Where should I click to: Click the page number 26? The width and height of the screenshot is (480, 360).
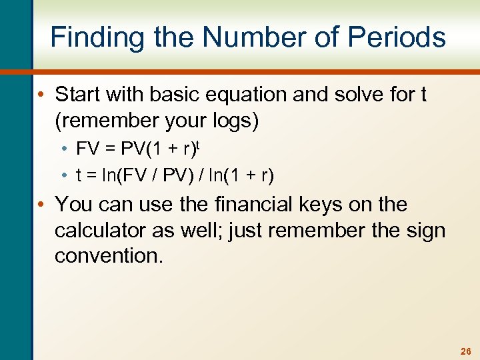coord(465,351)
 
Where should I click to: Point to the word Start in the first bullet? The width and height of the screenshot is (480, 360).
coord(78,94)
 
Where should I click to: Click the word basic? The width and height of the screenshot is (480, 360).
coord(175,94)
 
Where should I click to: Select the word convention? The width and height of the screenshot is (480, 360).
coord(109,255)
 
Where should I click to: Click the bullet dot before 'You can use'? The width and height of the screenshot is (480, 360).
coord(44,204)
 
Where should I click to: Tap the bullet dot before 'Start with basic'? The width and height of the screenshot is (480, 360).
coord(44,95)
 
